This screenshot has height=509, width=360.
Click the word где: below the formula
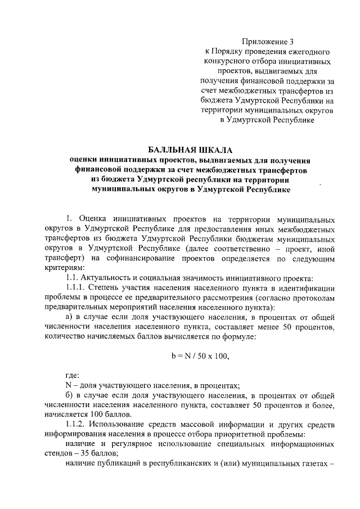[72, 375]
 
